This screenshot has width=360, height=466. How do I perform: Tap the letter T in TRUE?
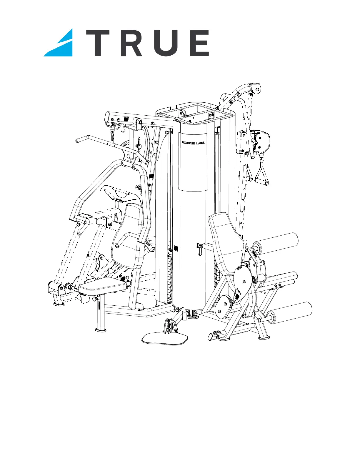(x=98, y=43)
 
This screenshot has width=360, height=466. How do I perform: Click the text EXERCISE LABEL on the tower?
(x=194, y=143)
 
